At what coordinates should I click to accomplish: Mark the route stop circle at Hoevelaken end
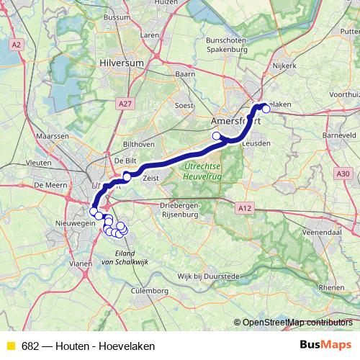[x=266, y=109]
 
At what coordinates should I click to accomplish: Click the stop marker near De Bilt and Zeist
[x=127, y=176]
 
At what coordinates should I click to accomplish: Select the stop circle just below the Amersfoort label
[x=216, y=135]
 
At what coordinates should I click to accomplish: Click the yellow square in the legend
[x=10, y=346]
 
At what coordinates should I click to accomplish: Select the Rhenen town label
[x=331, y=287]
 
